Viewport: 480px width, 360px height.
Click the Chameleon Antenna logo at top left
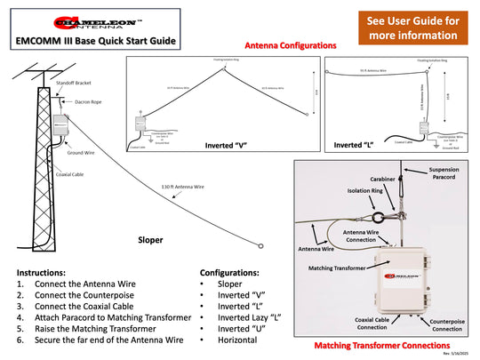[95, 22]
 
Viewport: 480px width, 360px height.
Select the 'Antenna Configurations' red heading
[289, 44]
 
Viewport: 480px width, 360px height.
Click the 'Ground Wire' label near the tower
[81, 153]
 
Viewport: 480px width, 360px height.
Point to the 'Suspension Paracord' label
[444, 173]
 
